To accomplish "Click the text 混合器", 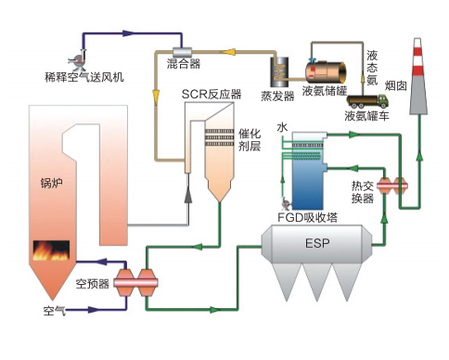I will tap(183, 65).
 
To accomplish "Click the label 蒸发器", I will tap(277, 94).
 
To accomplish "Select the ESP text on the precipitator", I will tap(317, 244).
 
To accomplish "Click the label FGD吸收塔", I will tap(306, 218).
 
